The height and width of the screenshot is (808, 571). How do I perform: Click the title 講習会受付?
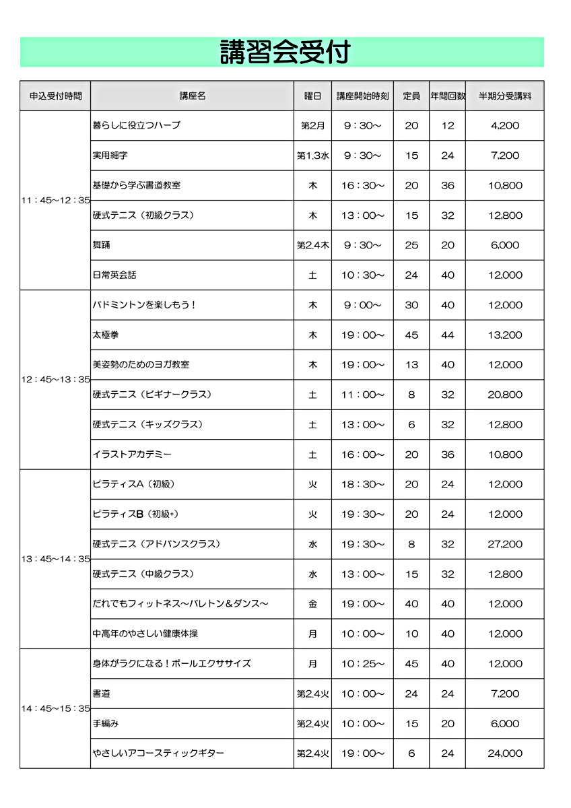285,52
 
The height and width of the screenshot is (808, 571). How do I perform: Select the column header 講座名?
192,96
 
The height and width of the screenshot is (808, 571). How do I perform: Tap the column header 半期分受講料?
505,96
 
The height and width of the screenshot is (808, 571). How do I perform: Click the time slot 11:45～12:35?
55,201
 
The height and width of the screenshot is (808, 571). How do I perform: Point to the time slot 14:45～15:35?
55,708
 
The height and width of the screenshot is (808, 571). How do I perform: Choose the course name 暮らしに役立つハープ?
137,125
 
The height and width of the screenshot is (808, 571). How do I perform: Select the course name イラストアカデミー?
132,454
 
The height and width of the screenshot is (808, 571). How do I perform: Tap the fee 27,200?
505,544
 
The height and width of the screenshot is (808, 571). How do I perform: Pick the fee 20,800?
505,395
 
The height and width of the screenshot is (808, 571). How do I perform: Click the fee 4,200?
505,125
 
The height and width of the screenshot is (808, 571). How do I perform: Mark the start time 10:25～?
362,663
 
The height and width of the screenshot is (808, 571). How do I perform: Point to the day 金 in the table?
312,604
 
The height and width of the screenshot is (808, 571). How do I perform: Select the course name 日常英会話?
114,275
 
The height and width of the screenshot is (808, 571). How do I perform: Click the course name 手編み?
106,723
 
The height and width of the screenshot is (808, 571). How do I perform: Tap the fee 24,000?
505,753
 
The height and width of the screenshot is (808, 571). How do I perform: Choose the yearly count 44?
448,335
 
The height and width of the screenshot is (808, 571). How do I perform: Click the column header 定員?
411,96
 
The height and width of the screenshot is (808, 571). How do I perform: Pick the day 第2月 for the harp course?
312,125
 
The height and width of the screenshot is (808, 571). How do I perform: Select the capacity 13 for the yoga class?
411,364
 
